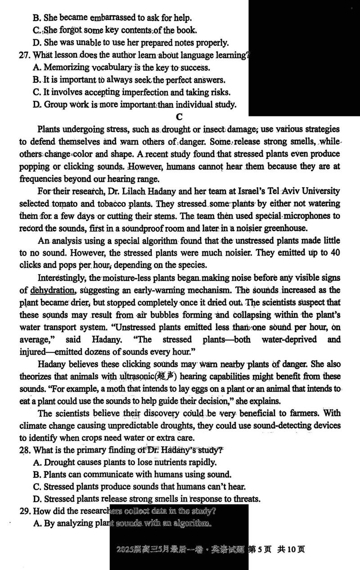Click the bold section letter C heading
click(179, 117)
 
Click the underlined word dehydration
click(53, 290)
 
